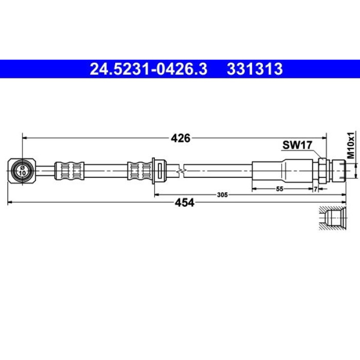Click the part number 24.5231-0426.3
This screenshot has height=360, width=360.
tap(149, 69)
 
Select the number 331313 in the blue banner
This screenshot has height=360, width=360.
tap(255, 69)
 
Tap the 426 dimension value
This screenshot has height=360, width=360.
tap(181, 138)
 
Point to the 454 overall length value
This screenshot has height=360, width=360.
tap(185, 203)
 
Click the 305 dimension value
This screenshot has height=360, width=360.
tap(222, 195)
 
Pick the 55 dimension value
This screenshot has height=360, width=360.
tap(280, 189)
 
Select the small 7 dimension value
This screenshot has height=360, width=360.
tap(316, 189)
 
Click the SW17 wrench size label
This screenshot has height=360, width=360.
tap(297, 145)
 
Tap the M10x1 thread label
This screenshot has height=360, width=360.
tap(351, 145)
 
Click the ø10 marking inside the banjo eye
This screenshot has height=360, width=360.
tap(23, 171)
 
